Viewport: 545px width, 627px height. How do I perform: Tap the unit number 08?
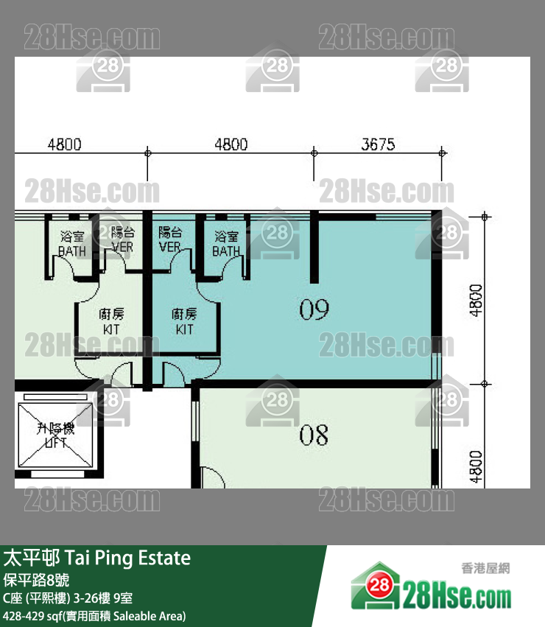(313, 436)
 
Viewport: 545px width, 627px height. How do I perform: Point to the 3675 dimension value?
(378, 144)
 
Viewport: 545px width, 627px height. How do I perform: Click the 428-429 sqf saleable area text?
(94, 615)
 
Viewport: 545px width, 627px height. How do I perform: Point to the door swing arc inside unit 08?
(213, 477)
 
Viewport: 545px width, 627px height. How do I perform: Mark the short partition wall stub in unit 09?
(314, 248)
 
